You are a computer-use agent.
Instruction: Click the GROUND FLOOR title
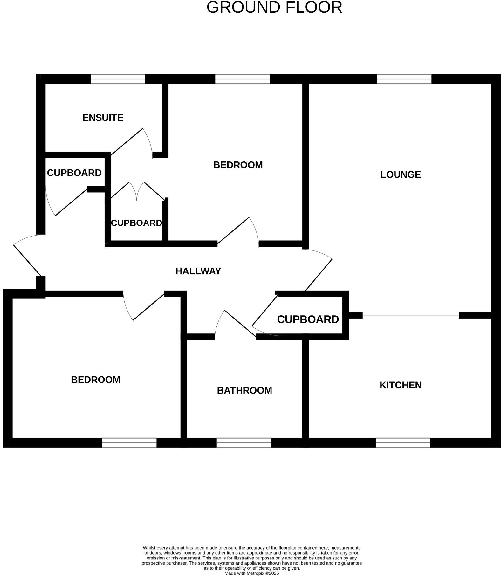click(x=274, y=7)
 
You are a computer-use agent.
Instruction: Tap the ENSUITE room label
click(x=103, y=118)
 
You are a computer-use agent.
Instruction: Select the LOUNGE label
click(x=400, y=175)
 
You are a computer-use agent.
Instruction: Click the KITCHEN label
click(x=400, y=385)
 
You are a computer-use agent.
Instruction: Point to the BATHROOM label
click(x=244, y=390)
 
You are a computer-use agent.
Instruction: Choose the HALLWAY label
click(x=198, y=271)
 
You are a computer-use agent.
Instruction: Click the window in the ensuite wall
click(x=118, y=79)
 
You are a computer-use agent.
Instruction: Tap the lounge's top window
click(x=404, y=79)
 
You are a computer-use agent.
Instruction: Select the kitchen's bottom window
click(x=403, y=443)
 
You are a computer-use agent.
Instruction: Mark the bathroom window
click(x=244, y=443)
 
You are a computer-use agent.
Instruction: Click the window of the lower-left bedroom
click(x=129, y=443)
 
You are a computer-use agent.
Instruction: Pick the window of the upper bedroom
click(x=242, y=79)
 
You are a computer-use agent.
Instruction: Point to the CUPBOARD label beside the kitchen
click(x=308, y=319)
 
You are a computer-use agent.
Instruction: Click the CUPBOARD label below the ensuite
click(x=74, y=173)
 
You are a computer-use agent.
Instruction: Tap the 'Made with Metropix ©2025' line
click(x=251, y=573)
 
